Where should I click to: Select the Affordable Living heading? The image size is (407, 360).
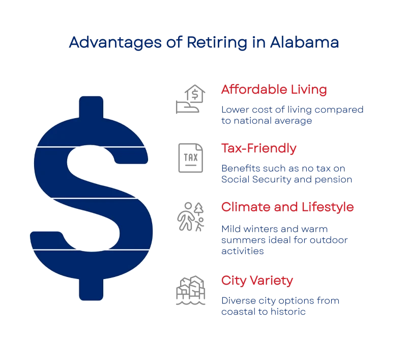pyautogui.click(x=274, y=91)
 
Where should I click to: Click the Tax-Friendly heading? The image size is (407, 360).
pyautogui.click(x=258, y=149)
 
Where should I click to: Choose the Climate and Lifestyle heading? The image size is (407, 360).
pyautogui.click(x=287, y=207)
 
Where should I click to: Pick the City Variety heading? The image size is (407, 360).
pyautogui.click(x=257, y=280)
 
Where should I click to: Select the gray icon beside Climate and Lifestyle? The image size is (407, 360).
pyautogui.click(x=190, y=216)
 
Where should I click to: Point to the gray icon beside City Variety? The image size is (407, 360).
pyautogui.click(x=191, y=289)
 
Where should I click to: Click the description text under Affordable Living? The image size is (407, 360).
pyautogui.click(x=293, y=115)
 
